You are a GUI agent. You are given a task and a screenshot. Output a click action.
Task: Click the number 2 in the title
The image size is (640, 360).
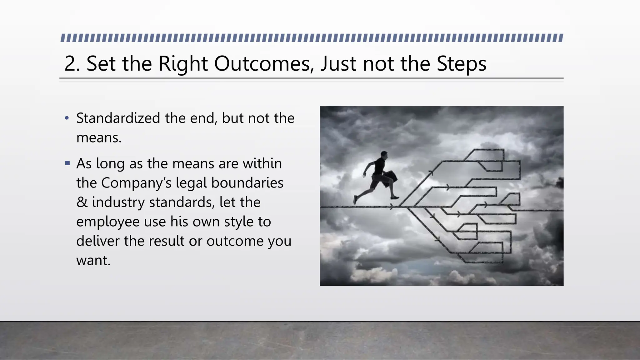pos(71,64)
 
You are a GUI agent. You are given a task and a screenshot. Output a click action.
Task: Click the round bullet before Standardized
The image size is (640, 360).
pos(67,118)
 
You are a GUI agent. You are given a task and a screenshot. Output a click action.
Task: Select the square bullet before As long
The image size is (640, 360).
pos(67,163)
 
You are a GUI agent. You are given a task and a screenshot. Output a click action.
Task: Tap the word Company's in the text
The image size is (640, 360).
pos(136,183)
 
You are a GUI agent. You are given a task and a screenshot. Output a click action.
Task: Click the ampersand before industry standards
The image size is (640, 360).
pos(82,202)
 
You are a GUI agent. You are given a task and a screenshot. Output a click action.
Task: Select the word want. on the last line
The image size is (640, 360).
pos(93,261)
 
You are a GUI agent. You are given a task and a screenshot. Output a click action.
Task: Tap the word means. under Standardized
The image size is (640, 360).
pos(99,138)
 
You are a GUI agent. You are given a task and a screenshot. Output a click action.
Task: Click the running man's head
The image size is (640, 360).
pos(384,155)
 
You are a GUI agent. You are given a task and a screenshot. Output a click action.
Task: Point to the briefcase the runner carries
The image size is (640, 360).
pos(390,178)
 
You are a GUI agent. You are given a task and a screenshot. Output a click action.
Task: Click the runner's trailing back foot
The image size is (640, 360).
pos(355,199)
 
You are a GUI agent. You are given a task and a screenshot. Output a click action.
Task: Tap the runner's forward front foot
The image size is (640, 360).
pos(395,197)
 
